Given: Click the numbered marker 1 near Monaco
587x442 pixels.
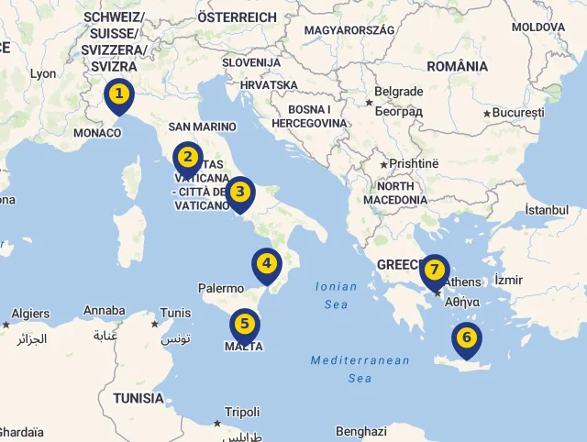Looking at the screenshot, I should click(118, 94).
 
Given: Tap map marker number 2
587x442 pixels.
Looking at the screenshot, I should click(188, 157).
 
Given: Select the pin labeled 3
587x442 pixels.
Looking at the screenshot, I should click(239, 193).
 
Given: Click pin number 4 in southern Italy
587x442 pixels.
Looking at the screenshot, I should click(267, 264).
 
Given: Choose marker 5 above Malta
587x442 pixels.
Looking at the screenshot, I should click(244, 324).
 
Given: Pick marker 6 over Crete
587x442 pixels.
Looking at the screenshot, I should click(467, 338).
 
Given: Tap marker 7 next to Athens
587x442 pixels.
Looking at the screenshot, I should click(435, 271).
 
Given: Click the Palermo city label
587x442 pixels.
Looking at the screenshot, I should click(221, 288).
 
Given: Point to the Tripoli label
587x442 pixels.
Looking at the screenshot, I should click(242, 412).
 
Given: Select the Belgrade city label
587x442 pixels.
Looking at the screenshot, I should click(399, 92).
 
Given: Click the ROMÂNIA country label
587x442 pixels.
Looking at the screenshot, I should click(457, 66).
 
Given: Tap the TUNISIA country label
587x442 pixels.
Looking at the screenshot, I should click(138, 399).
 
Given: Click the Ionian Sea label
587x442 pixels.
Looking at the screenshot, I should click(337, 294).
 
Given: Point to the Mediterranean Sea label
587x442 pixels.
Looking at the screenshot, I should click(360, 369).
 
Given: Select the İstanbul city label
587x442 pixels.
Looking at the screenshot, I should click(547, 210).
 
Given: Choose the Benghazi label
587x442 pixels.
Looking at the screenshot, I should click(360, 431).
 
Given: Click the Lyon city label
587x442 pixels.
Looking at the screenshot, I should click(42, 73).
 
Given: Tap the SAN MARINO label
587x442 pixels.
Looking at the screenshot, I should click(203, 127).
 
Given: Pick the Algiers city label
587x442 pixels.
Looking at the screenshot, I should click(30, 314).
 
